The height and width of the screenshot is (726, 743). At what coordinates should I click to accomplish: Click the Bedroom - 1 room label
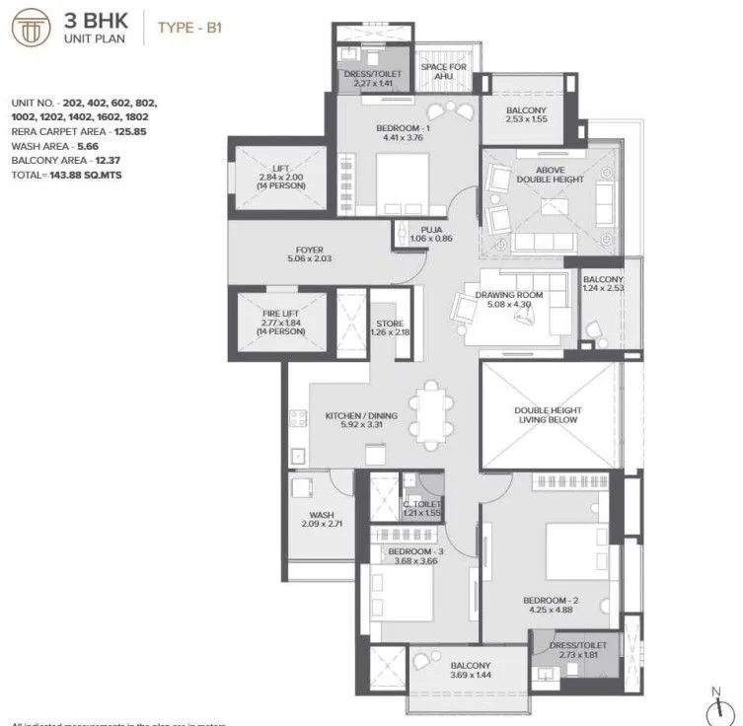point(400,129)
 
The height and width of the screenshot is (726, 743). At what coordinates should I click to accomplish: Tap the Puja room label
point(430,229)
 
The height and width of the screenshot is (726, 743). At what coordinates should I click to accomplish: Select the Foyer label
point(309,250)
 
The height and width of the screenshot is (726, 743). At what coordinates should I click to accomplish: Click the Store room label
point(390,324)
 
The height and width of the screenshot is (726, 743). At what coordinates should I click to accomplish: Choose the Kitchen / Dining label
point(361,415)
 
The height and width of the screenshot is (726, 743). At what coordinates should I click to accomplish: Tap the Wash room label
point(321,514)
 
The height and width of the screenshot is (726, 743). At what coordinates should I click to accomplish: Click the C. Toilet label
point(421,504)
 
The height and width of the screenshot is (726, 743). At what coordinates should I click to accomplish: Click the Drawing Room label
point(509,296)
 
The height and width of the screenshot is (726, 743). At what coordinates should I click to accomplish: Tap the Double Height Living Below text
point(548,414)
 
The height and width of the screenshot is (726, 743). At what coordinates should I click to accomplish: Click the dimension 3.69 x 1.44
point(471,678)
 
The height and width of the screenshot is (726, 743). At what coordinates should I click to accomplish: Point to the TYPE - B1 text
point(189,28)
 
